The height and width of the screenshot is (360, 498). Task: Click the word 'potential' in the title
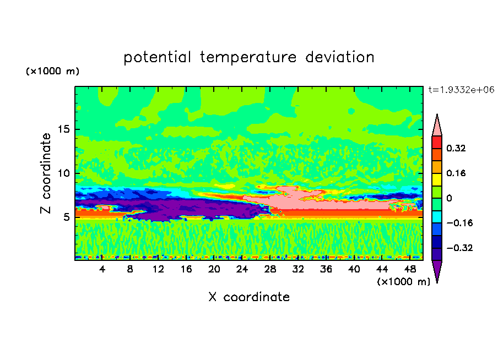tap(157, 58)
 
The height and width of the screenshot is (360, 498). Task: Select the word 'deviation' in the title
tap(340, 57)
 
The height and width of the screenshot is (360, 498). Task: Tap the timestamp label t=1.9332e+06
tap(461, 90)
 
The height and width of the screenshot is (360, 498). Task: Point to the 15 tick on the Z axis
tap(63, 129)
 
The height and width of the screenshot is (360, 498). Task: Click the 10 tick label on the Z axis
tap(63, 173)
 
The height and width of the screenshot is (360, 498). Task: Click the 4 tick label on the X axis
tap(102, 269)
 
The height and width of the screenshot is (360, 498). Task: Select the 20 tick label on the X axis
tap(214, 269)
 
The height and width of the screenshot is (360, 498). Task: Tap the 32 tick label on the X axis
tap(298, 269)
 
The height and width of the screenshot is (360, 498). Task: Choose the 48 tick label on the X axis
tap(410, 269)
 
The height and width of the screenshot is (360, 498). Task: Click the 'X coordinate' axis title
tap(249, 297)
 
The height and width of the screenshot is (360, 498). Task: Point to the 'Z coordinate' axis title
tap(46, 173)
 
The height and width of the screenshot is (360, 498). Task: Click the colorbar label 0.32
tap(456, 148)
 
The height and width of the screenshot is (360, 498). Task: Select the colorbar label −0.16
tap(459, 223)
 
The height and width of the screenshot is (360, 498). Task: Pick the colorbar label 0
tap(449, 198)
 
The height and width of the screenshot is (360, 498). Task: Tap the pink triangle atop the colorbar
tap(437, 126)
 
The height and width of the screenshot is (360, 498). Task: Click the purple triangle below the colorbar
tap(437, 271)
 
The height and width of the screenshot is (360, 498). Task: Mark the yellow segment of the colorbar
tap(437, 179)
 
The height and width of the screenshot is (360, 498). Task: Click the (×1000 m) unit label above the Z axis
tap(53, 71)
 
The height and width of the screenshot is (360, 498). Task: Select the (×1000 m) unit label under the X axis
tap(403, 282)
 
